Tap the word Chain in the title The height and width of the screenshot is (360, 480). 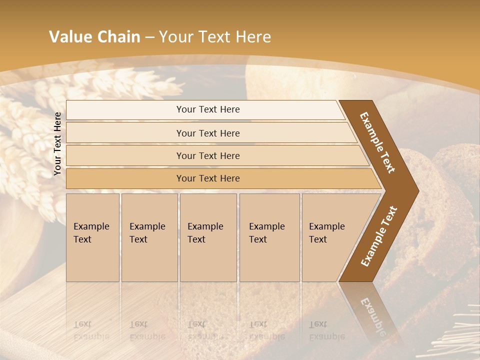pos(118,36)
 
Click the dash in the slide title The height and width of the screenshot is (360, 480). pos(149,37)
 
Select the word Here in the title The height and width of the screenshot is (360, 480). pos(252,36)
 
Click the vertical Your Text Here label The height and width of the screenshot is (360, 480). pos(57,143)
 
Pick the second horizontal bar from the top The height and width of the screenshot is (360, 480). pos(208,133)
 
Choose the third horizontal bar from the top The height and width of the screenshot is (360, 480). pos(208,155)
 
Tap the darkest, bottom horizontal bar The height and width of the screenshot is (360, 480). pos(208,178)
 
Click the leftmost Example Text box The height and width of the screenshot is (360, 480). pos(92,237)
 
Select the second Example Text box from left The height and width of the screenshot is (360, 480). pos(149,237)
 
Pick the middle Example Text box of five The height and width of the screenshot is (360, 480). pos(208,237)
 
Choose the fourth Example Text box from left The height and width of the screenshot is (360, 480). pos(269,237)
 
